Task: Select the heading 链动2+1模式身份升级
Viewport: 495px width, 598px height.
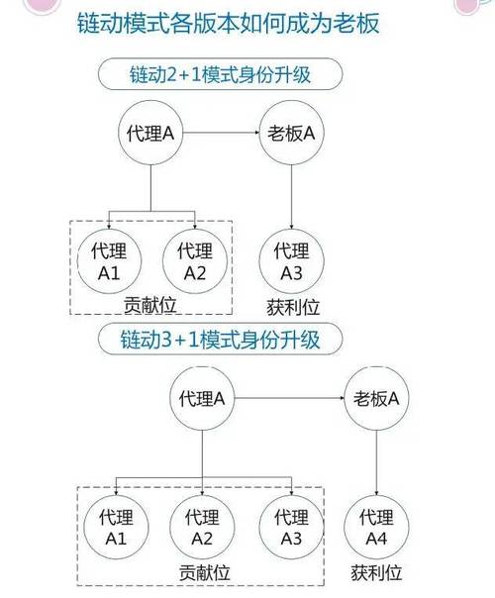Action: [221, 75]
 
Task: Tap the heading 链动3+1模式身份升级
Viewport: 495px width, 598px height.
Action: [223, 341]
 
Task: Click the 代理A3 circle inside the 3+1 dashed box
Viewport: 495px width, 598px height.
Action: [290, 527]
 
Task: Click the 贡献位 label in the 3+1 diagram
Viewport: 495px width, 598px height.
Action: [205, 571]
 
